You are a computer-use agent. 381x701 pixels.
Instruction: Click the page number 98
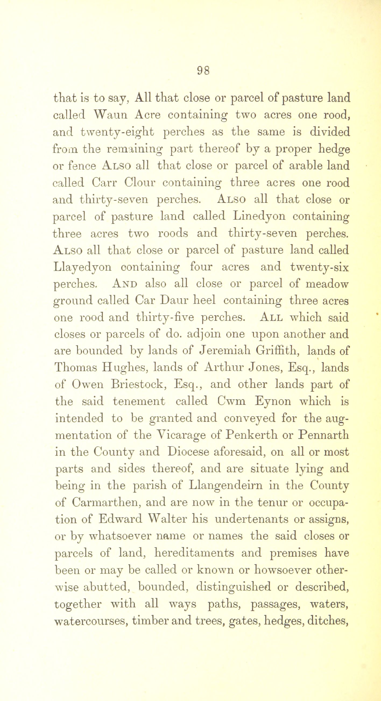(203, 71)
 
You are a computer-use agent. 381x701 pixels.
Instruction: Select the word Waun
(110, 115)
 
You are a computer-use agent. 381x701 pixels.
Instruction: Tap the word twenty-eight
(117, 133)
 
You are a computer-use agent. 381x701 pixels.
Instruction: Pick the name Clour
(140, 183)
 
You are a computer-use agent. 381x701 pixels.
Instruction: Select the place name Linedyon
(259, 216)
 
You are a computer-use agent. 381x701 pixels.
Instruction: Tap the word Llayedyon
(83, 267)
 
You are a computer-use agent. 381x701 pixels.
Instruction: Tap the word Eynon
(273, 401)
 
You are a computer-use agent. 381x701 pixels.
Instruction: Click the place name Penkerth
(251, 435)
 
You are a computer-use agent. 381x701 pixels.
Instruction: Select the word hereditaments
(194, 553)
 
